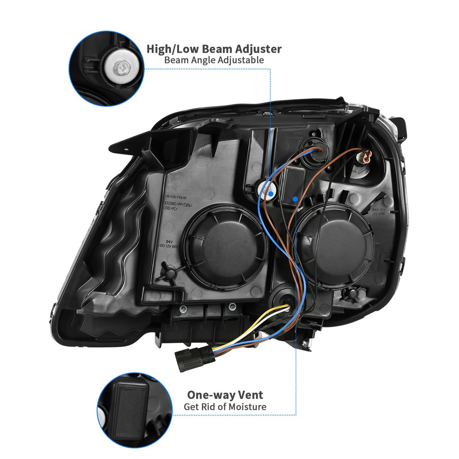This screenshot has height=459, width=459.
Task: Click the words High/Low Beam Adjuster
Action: [x=214, y=49]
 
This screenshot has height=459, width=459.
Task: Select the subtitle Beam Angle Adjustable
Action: [x=214, y=60]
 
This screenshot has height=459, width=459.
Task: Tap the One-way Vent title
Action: [x=225, y=395]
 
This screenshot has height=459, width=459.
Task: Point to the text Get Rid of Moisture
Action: [x=225, y=407]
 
